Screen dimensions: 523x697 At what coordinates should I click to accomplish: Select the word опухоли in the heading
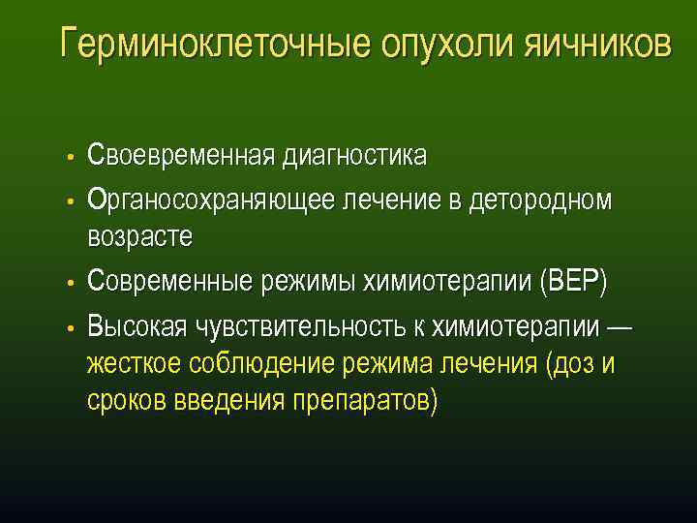pos(439,45)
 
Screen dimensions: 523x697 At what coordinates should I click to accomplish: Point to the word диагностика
pos(353,156)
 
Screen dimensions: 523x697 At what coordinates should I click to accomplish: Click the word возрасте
pos(139,236)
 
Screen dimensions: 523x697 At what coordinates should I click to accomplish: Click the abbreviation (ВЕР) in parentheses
pos(575,282)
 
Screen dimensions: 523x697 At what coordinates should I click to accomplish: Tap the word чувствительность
pos(309,326)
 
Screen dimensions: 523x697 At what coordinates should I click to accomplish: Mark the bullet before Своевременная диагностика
pos(71,157)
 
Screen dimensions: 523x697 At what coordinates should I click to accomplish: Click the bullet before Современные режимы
pos(71,283)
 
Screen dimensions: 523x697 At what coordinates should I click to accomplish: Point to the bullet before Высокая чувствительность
pos(71,327)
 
